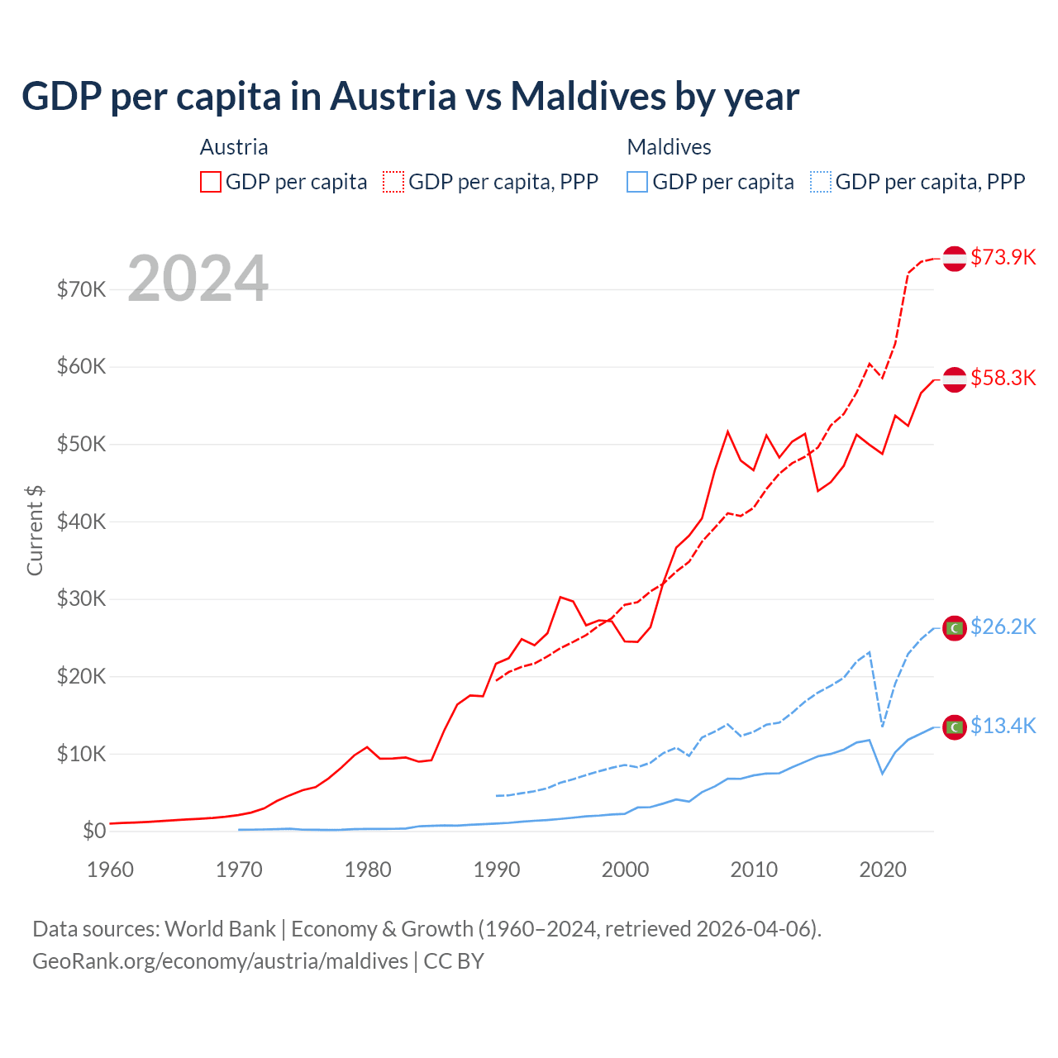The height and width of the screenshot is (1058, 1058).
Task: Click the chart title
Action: click(x=410, y=96)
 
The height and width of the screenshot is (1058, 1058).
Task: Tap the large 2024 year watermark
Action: click(x=198, y=279)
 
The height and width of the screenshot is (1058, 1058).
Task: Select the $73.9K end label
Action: click(x=1003, y=257)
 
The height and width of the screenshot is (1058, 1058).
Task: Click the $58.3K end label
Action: click(x=1003, y=378)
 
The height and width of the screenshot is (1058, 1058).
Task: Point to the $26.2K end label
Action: click(x=1003, y=627)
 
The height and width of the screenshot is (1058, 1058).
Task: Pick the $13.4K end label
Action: click(x=1003, y=726)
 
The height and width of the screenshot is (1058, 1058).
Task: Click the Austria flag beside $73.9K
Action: click(x=955, y=258)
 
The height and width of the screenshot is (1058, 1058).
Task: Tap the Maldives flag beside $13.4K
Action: click(x=955, y=727)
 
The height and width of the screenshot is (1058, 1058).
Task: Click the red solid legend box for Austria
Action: click(x=211, y=182)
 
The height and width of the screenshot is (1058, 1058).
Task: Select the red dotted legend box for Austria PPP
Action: click(x=393, y=182)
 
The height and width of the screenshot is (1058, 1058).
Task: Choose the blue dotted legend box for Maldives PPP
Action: click(x=821, y=182)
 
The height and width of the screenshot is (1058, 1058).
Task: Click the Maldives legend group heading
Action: click(x=669, y=147)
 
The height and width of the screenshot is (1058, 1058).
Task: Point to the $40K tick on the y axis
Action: click(x=81, y=522)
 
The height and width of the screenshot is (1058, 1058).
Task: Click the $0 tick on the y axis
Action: click(x=94, y=831)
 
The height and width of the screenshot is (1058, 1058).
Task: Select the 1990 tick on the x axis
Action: click(x=497, y=870)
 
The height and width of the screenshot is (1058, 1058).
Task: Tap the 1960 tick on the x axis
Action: click(x=111, y=870)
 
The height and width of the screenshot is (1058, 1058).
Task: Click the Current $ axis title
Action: click(x=35, y=530)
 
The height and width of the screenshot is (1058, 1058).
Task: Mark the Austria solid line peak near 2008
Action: click(x=727, y=431)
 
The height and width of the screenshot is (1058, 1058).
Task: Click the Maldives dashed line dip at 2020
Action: click(x=883, y=727)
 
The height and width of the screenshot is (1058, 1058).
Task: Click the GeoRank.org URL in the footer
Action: click(x=220, y=961)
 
